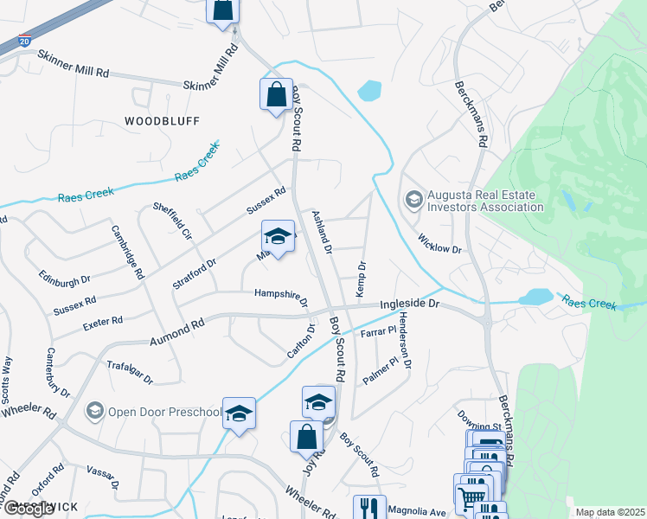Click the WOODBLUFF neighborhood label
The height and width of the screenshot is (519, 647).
162,120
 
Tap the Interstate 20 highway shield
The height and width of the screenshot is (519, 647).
24,41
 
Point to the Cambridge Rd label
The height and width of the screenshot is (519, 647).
127,253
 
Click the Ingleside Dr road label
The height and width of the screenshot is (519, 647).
411,305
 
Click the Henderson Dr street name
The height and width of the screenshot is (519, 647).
404,343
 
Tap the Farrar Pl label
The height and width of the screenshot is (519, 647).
378,330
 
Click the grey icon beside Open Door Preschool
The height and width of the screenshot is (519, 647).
95,411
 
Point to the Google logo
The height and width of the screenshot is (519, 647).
28,509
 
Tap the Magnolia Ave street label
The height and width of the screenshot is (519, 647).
417,512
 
